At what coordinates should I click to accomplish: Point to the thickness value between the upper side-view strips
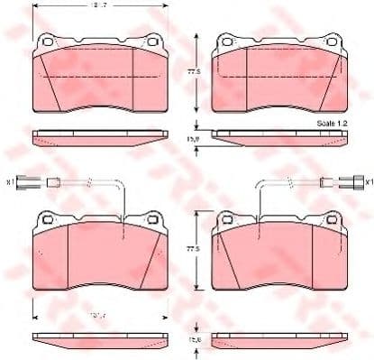tap(192, 137)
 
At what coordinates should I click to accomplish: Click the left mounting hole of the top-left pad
tap(47, 40)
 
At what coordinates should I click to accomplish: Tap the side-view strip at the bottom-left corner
tap(99, 341)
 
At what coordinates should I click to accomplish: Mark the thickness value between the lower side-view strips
tap(192, 340)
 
